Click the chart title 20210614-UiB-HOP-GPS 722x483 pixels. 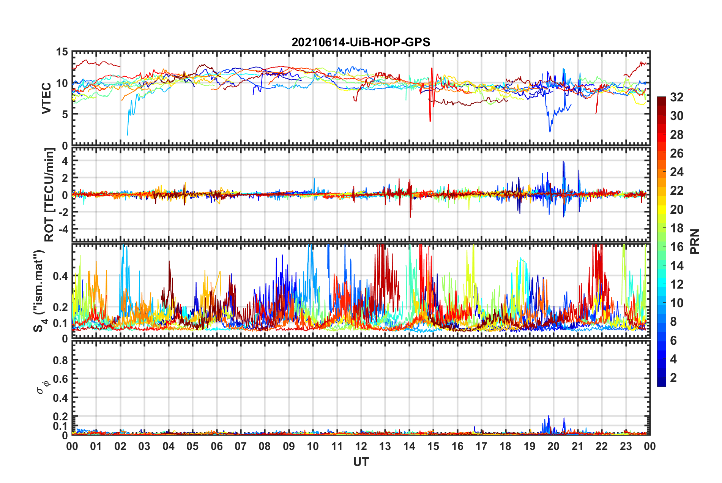point(361,42)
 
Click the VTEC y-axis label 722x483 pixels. point(46,98)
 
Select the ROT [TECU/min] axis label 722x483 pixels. point(49,195)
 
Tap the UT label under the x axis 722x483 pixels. point(361,462)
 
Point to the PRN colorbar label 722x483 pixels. point(695,241)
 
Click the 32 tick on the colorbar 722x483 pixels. point(676,97)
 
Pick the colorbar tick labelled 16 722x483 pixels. point(676,247)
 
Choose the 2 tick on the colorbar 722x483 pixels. point(673,378)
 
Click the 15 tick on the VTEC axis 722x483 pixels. point(62,52)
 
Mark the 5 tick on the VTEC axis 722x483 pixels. point(65,114)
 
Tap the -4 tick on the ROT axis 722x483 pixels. point(64,229)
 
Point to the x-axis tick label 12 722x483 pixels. point(361,447)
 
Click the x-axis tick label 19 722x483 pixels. point(530,447)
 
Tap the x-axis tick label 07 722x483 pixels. point(241,447)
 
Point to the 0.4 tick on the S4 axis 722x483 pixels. point(61,276)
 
